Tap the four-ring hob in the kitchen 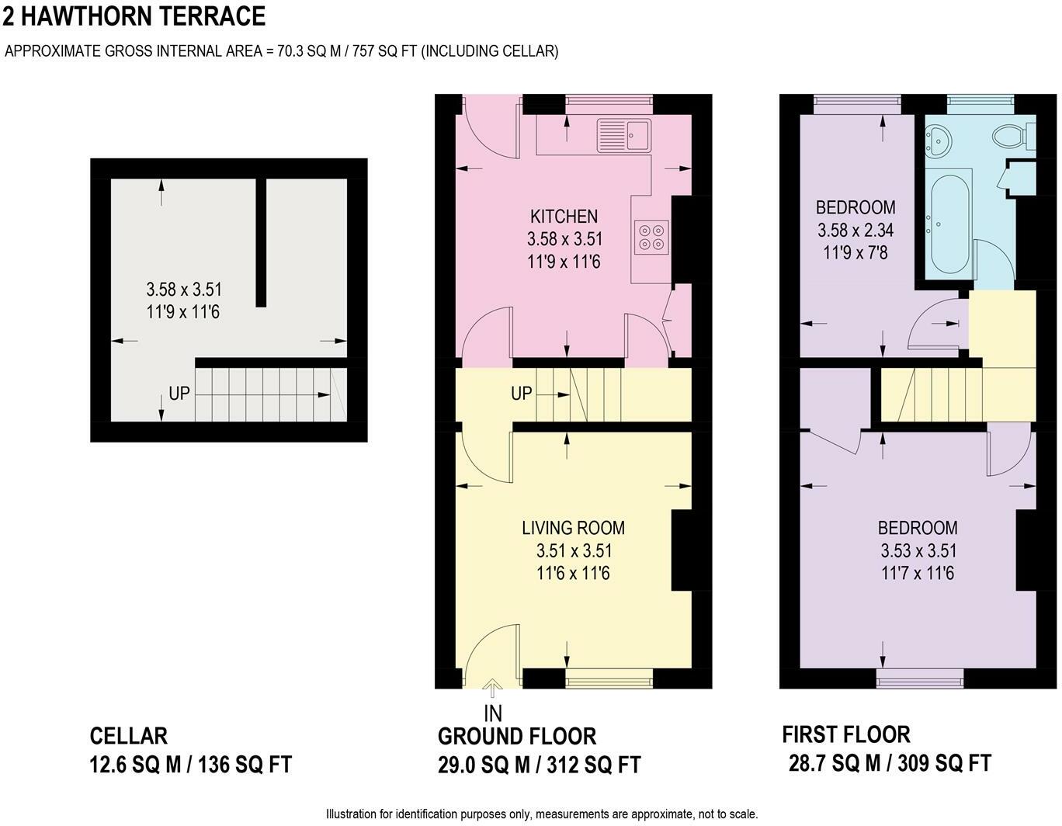(x=651, y=237)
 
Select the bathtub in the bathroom (x=950, y=224)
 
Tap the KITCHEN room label (x=564, y=217)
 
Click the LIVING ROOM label (x=573, y=528)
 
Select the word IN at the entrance (x=493, y=714)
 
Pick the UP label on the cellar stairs (x=179, y=394)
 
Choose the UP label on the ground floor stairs (x=521, y=394)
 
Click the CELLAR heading (x=129, y=736)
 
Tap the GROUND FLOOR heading (x=517, y=737)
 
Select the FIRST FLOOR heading (x=846, y=734)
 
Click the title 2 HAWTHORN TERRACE (x=134, y=16)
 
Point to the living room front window (x=609, y=678)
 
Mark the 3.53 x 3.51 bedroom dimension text (x=918, y=551)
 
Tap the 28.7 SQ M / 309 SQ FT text (x=890, y=763)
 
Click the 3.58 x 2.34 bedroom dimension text (x=855, y=231)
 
